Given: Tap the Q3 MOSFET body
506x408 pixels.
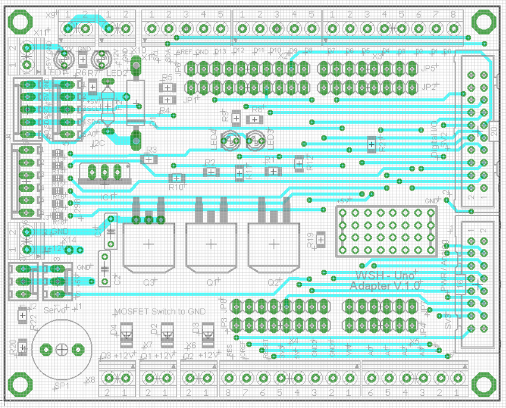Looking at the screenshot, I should pyautogui.click(x=149, y=245).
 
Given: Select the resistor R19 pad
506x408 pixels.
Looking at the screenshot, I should pyautogui.click(x=321, y=239).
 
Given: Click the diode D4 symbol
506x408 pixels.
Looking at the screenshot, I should pyautogui.click(x=127, y=331).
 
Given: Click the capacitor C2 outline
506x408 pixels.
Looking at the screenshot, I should pyautogui.click(x=104, y=268).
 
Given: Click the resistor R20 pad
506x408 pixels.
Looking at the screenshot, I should pyautogui.click(x=23, y=347).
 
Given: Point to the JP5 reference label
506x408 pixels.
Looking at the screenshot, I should pyautogui.click(x=429, y=69).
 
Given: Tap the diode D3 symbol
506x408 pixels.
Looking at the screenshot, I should pyautogui.click(x=207, y=331).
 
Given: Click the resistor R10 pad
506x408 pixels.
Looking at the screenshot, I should pyautogui.click(x=175, y=178).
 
